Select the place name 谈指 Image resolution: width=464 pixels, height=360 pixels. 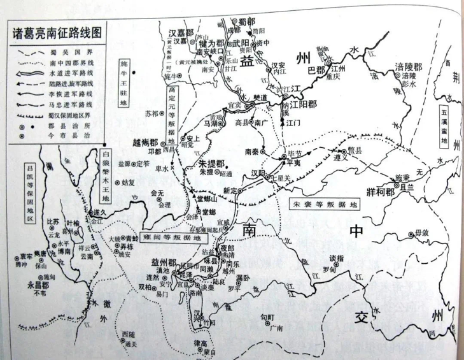pyautogui.click(x=336, y=257)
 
